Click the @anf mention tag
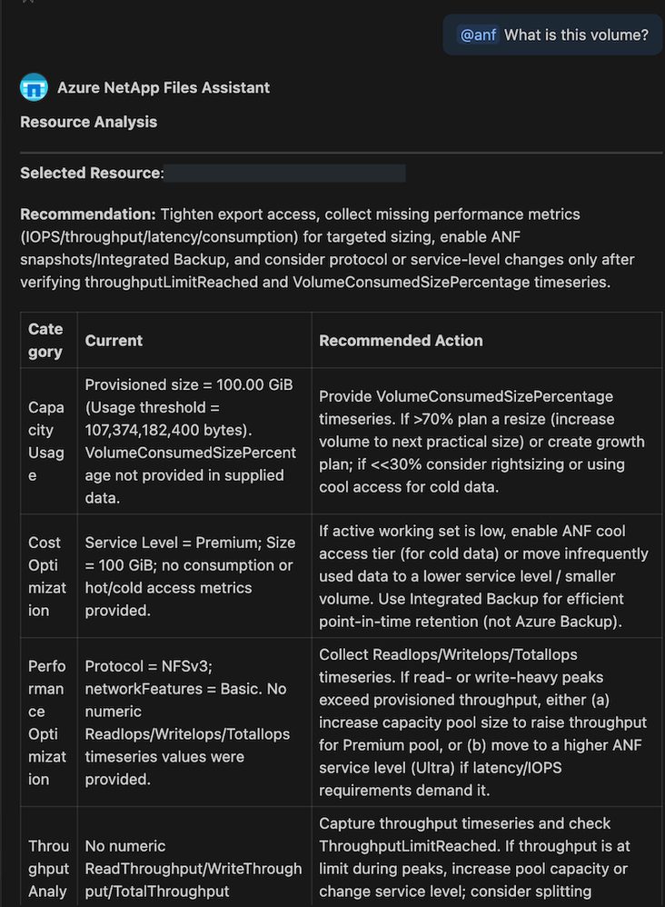(477, 35)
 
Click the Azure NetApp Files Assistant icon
(34, 88)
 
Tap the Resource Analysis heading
(88, 122)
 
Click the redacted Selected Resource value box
(285, 173)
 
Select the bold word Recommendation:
(88, 214)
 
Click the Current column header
(114, 340)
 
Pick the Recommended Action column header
(401, 340)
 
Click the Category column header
(45, 340)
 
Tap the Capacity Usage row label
(45, 441)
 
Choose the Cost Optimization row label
(45, 576)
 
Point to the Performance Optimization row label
(45, 723)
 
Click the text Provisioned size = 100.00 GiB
(189, 384)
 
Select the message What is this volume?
(576, 35)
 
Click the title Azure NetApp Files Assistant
(164, 88)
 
